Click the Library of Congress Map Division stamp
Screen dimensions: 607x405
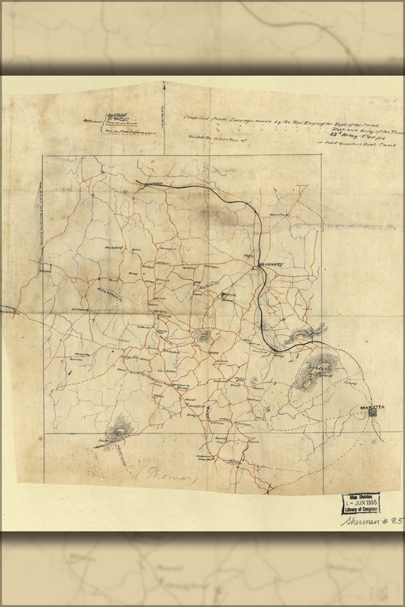(360, 503)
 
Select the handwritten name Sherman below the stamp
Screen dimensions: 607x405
(363, 521)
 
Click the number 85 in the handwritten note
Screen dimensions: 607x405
(396, 521)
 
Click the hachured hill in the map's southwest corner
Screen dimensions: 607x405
(119, 432)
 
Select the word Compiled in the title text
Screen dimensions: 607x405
(198, 118)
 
